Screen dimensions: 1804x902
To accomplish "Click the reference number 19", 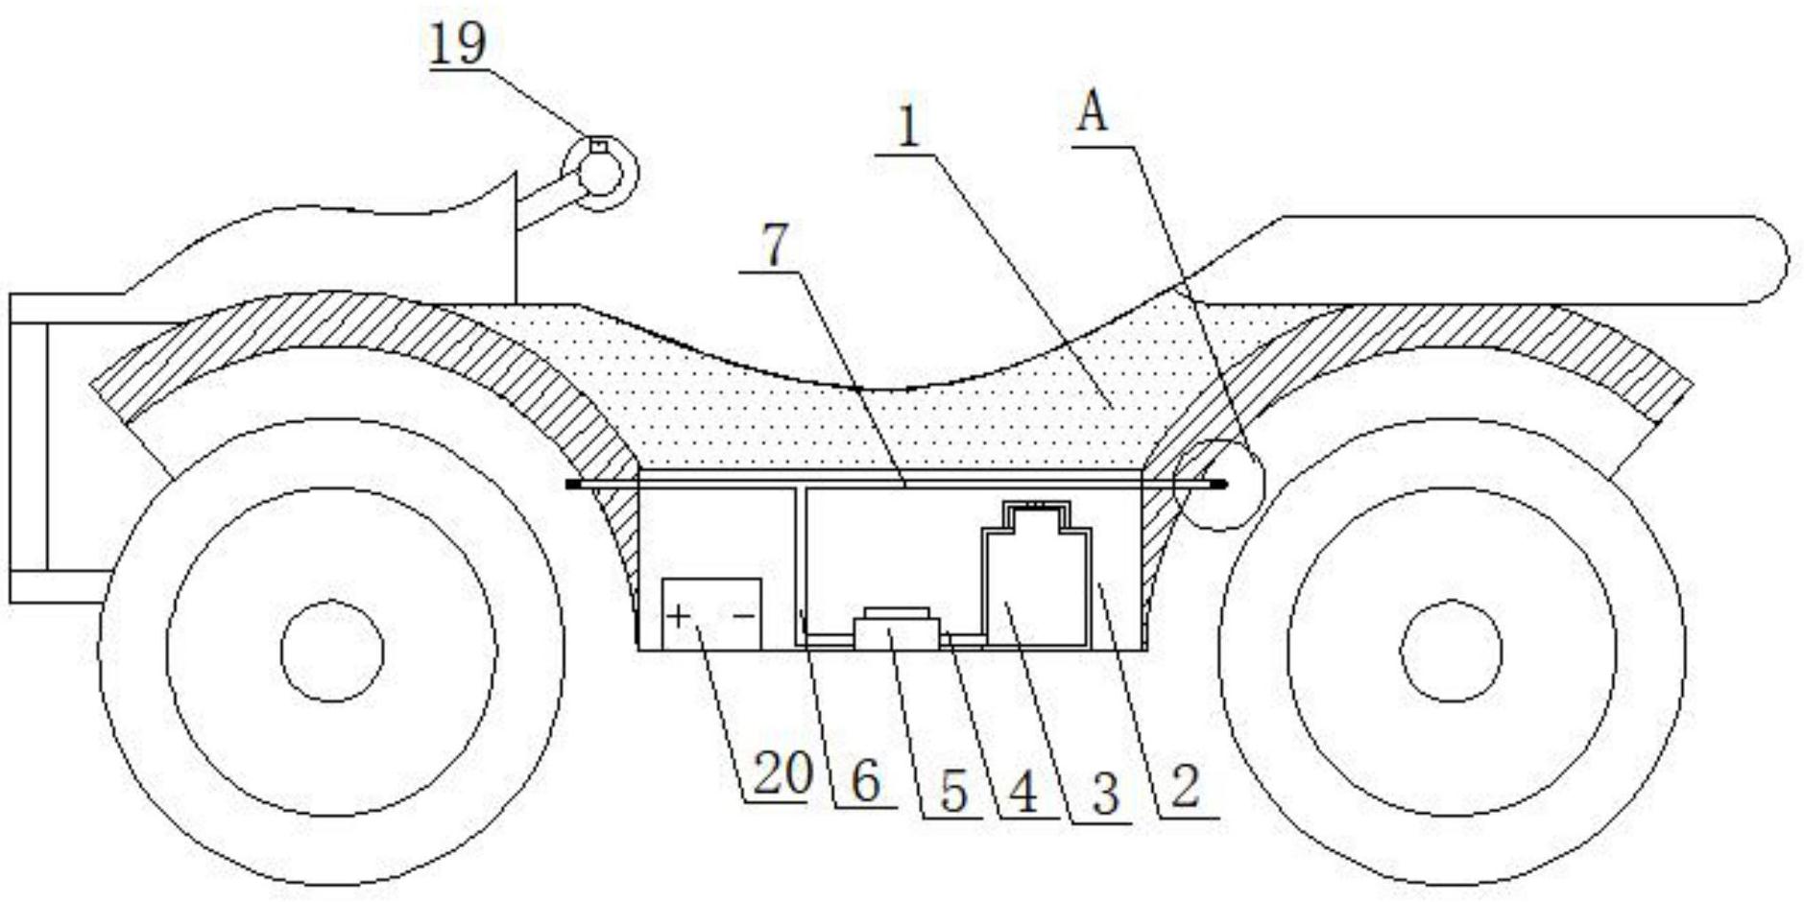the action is coord(458,45).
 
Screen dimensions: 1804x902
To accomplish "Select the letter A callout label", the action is coord(1093,114).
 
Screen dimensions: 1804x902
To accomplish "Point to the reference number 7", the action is coord(775,246).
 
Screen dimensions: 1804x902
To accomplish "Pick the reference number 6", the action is coord(865,783).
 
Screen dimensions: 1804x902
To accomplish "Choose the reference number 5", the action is coord(952,793).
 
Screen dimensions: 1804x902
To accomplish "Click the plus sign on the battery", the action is coord(678,615).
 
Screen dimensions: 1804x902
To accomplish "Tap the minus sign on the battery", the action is coord(744,616).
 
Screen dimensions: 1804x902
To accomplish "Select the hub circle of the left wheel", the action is coord(332,651).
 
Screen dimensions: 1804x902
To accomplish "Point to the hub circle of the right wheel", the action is coord(1451,651).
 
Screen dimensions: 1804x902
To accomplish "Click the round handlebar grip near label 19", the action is coord(601,174).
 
